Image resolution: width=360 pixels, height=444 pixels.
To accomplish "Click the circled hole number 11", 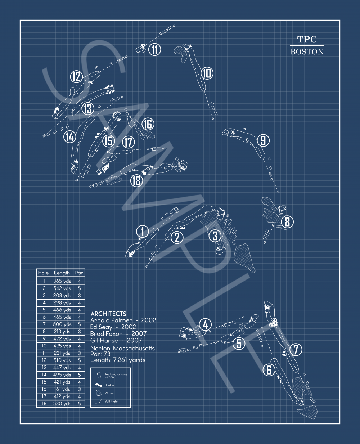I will (x=154, y=49).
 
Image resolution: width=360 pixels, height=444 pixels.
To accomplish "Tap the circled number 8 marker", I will (x=287, y=222).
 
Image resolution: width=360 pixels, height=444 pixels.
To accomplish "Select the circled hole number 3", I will (x=215, y=236).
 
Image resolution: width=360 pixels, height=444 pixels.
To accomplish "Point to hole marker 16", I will (x=148, y=124).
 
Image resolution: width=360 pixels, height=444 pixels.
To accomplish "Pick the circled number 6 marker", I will (x=269, y=369).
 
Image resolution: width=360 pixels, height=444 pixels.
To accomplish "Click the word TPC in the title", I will (x=307, y=40).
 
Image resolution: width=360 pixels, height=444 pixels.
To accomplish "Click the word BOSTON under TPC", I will (x=307, y=51).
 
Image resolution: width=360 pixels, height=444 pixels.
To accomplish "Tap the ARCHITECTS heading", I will (x=108, y=314).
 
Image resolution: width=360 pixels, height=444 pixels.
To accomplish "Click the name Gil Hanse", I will (x=104, y=340).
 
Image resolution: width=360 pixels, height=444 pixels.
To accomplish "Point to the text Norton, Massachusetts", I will (x=122, y=348).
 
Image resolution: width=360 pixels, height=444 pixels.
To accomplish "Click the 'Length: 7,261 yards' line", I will (x=118, y=360).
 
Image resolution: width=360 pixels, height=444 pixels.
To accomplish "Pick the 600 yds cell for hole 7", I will (x=62, y=324).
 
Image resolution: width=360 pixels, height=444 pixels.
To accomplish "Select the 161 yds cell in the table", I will (x=62, y=389).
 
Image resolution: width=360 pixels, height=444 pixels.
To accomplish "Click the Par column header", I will (x=79, y=273).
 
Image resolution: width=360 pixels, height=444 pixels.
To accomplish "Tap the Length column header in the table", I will (x=62, y=273).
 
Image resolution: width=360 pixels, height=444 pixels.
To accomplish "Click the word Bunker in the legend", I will (x=109, y=385).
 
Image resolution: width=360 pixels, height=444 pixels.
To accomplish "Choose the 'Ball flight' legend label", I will (x=111, y=401).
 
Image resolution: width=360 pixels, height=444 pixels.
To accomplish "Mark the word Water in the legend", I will (x=109, y=393).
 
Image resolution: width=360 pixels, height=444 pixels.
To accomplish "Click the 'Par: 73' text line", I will (x=100, y=354).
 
